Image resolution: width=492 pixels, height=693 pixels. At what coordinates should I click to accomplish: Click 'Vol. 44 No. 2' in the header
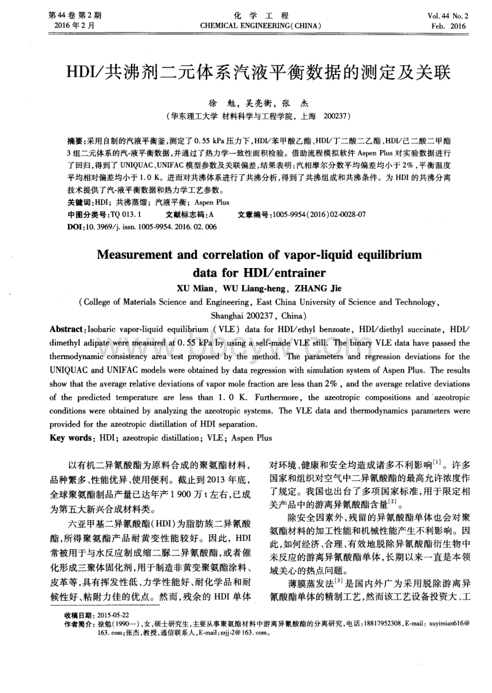pyautogui.click(x=448, y=15)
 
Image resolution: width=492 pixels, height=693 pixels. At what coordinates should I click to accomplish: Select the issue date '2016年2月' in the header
pyautogui.click(x=71, y=26)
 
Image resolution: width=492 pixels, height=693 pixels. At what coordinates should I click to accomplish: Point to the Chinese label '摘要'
pyautogui.click(x=76, y=141)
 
